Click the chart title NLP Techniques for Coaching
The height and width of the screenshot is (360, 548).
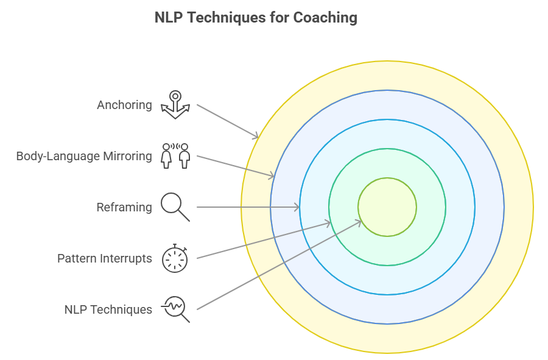[256, 18]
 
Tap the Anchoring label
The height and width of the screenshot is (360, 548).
[124, 105]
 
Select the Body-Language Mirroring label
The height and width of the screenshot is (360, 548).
[84, 156]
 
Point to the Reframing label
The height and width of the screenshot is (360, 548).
[124, 207]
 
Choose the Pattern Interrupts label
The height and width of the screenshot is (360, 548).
[104, 258]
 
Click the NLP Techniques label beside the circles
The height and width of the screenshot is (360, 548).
[108, 309]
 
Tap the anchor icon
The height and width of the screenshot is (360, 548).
[175, 104]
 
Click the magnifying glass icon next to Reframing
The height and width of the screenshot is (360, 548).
[175, 207]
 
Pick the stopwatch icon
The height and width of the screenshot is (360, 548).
[175, 258]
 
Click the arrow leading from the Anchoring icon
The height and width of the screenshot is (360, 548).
[228, 121]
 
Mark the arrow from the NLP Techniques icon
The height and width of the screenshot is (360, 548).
[279, 265]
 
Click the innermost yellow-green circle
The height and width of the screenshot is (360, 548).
[387, 207]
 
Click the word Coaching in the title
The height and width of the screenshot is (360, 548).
[325, 18]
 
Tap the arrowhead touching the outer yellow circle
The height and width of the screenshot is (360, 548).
[256, 137]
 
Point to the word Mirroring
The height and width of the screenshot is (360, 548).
[127, 156]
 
